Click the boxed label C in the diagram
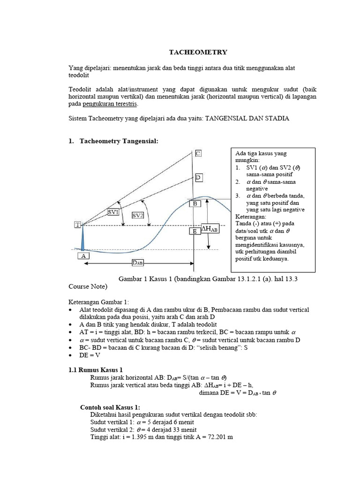coord(198,153)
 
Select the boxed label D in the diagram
coord(198,177)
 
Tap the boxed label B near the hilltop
coord(195,204)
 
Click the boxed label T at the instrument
coord(77,225)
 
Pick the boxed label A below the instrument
coord(83,256)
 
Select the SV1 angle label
coord(113,212)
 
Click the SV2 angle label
coord(138,215)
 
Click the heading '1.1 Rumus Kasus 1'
coord(96,370)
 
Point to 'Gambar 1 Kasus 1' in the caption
coord(148,278)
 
